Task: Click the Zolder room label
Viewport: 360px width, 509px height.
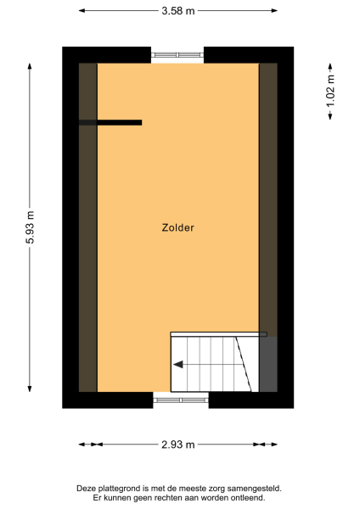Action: pos(178,227)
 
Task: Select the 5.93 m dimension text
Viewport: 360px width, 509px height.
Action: pos(31,227)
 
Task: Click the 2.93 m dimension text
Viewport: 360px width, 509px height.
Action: pos(178,445)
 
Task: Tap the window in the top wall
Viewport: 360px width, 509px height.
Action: pos(177,56)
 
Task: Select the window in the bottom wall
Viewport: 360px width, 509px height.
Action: pos(180,399)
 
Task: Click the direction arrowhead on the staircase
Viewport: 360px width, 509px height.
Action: pos(178,365)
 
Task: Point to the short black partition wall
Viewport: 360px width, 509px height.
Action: pos(111,123)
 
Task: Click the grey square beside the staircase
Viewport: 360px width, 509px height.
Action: pos(267,365)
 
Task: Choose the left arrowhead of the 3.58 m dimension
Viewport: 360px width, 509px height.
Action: pos(83,10)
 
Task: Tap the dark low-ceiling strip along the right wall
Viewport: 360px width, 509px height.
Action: pos(268,195)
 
